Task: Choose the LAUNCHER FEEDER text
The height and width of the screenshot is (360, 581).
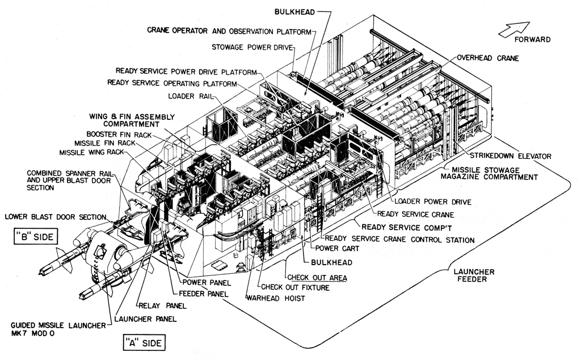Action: point(474,275)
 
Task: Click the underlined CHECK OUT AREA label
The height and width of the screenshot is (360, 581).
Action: point(317,278)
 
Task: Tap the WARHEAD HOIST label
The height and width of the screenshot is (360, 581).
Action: point(275,298)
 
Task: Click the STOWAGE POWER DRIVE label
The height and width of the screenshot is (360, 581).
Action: point(251,47)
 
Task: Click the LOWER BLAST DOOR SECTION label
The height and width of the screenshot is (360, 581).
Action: point(55,216)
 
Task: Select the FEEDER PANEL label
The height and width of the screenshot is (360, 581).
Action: point(203,294)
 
